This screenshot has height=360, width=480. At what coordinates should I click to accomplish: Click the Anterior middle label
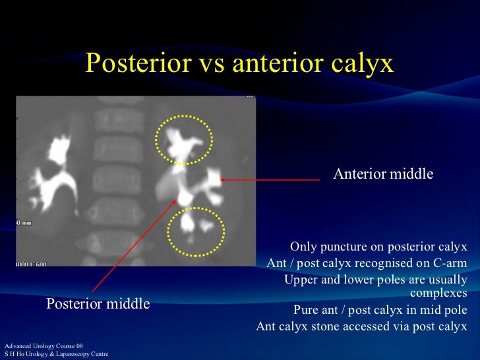(x=383, y=174)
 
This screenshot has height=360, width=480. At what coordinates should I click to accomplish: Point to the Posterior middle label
(x=98, y=304)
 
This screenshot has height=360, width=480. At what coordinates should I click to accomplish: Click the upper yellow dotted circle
(x=185, y=139)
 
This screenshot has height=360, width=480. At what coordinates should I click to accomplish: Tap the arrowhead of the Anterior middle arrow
(x=223, y=179)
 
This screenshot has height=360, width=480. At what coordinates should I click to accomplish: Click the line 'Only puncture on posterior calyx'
(x=378, y=247)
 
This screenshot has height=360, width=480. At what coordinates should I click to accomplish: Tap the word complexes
(x=438, y=293)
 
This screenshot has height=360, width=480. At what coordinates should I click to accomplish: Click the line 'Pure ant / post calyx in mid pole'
(x=380, y=310)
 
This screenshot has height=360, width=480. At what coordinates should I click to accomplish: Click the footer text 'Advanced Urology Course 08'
(x=44, y=346)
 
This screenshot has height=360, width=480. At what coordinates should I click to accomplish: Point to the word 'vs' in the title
(x=200, y=63)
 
